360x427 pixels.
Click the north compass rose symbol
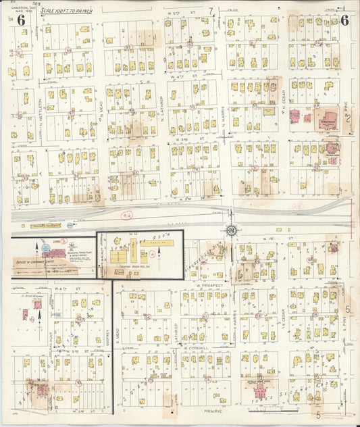click(x=232, y=231)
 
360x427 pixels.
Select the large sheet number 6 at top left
click(x=22, y=20)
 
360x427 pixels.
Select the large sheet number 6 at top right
click(x=344, y=20)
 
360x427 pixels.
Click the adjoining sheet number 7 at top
click(x=211, y=9)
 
